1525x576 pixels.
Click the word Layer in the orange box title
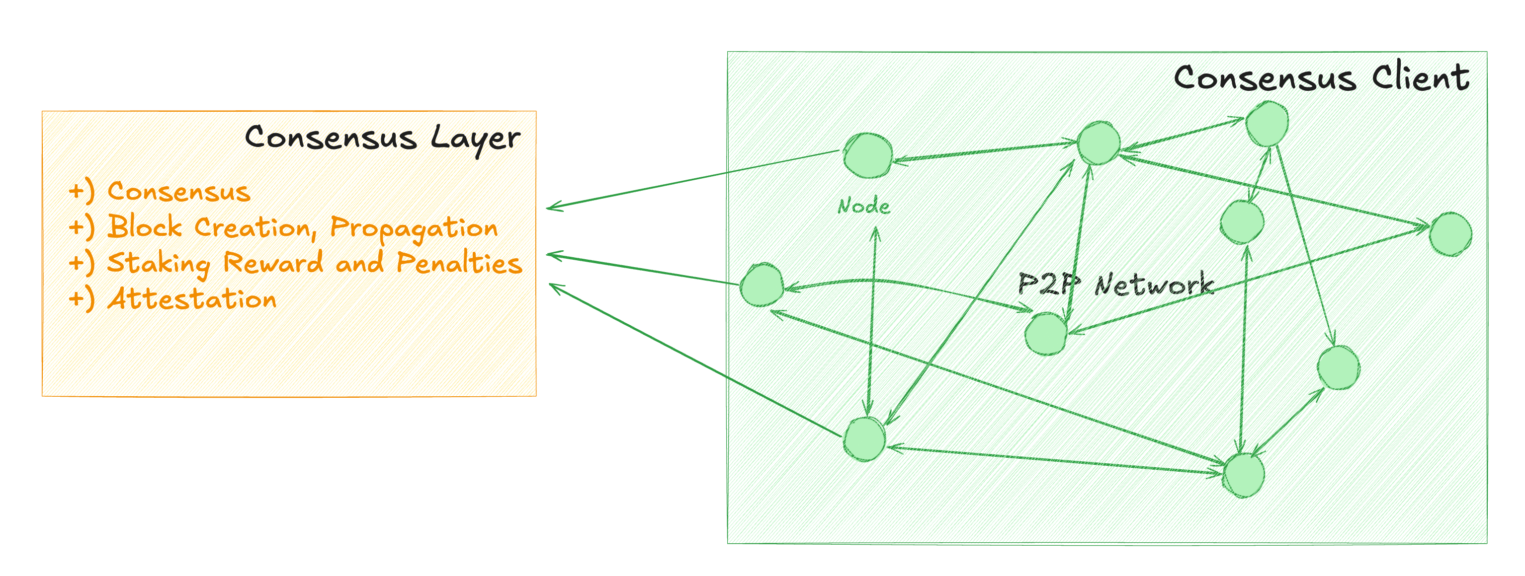(x=475, y=139)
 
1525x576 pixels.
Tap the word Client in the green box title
(x=1420, y=78)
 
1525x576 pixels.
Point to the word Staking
(x=158, y=264)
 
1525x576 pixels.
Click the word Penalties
(x=459, y=263)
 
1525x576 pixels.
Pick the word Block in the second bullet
(x=145, y=227)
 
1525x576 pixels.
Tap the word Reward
(x=273, y=263)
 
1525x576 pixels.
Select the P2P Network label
(x=1115, y=285)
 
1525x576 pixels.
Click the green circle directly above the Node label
(x=868, y=155)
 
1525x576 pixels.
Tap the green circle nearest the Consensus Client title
(x=1267, y=124)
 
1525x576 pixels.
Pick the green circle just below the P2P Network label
(x=1046, y=334)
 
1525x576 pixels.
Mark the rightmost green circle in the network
(x=1450, y=234)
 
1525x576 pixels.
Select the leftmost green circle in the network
(x=762, y=285)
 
